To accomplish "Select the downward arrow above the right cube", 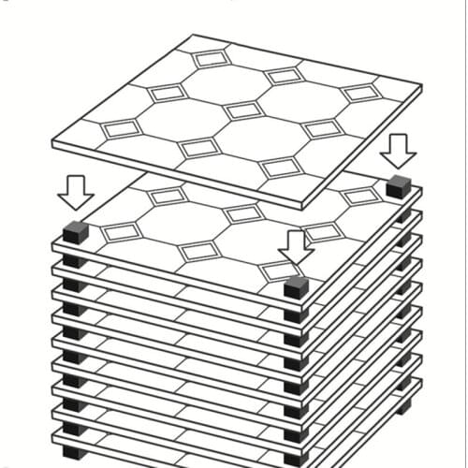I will pyautogui.click(x=400, y=150).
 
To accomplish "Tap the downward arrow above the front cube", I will pyautogui.click(x=296, y=247).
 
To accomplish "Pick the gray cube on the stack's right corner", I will pyautogui.click(x=400, y=184).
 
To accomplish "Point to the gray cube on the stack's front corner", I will pyautogui.click(x=297, y=285).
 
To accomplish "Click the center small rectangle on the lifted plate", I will pyautogui.click(x=242, y=110).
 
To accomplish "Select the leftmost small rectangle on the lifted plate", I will pyautogui.click(x=122, y=129).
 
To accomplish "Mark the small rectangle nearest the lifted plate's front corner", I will pyautogui.click(x=281, y=168).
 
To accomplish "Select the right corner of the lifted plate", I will pyautogui.click(x=421, y=88).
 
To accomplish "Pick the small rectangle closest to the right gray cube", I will pyautogui.click(x=361, y=196).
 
